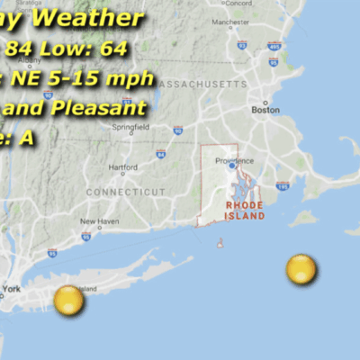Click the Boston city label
265,110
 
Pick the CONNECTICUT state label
126,193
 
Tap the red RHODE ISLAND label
245,211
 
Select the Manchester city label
237,26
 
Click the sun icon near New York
68,301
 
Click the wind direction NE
27,79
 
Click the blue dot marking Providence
231,166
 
